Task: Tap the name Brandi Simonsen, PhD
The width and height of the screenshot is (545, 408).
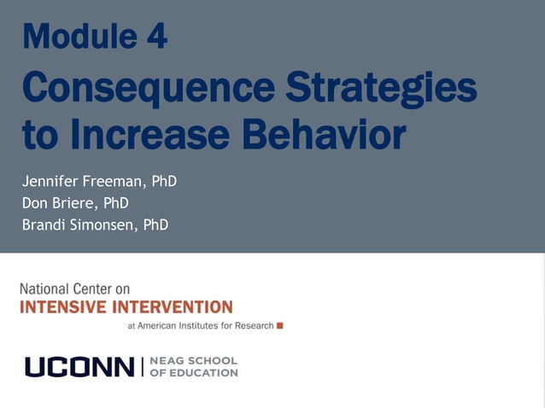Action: (95, 225)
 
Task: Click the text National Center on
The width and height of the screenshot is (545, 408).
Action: (75, 289)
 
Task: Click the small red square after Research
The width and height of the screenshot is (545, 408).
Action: (279, 325)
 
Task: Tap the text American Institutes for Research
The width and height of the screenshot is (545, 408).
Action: (205, 325)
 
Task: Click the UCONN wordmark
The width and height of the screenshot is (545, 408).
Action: (79, 367)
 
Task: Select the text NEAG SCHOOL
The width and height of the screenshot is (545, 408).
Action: (193, 361)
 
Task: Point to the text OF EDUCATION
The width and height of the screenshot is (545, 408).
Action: (193, 373)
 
